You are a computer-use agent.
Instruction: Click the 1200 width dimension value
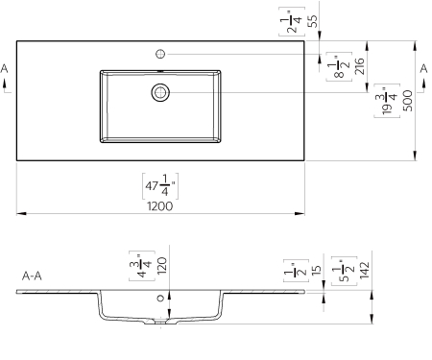coord(160,206)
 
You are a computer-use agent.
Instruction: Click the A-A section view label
coord(31,275)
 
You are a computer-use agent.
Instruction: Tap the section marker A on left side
coord(6,69)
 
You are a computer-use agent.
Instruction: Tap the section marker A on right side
coord(422,69)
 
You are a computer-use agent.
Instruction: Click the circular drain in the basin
coord(160,92)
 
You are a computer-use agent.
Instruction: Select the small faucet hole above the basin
coord(160,53)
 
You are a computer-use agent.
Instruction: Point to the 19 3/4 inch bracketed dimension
coord(388,99)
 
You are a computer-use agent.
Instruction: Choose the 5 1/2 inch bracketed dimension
coord(340,271)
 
